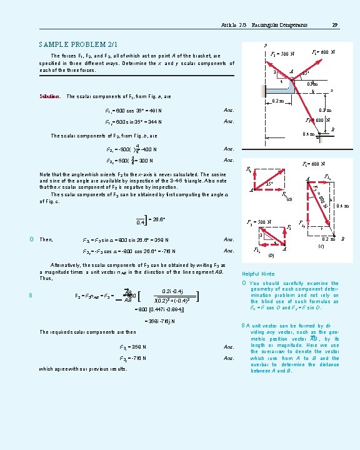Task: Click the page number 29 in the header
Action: (335, 25)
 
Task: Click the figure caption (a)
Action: (288, 200)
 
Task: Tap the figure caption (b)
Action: (271, 256)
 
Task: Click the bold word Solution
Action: (49, 96)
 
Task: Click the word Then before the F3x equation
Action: (46, 240)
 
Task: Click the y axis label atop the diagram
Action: (266, 45)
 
